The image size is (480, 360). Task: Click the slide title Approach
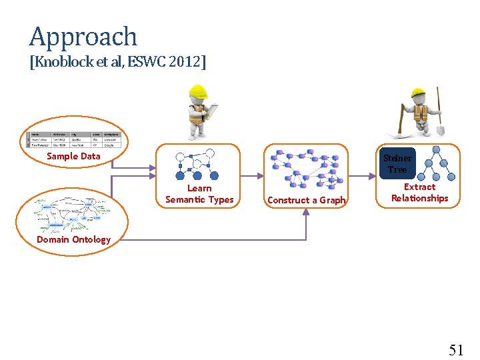tap(83, 36)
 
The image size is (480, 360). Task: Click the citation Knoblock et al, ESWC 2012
tap(118, 62)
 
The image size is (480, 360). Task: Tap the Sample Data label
tap(73, 156)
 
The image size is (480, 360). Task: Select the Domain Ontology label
tap(73, 239)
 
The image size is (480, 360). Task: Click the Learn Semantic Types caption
tap(199, 194)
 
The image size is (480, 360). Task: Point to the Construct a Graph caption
tap(306, 199)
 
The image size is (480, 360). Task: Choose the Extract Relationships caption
tap(419, 193)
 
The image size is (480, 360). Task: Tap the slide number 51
tap(456, 349)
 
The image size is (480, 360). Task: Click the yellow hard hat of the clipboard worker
tap(198, 91)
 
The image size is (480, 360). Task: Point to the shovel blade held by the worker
tap(439, 130)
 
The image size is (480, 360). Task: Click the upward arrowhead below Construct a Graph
tap(306, 212)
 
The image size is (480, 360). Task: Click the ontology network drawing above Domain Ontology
tap(73, 213)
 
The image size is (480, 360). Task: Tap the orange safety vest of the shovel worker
tap(419, 113)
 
